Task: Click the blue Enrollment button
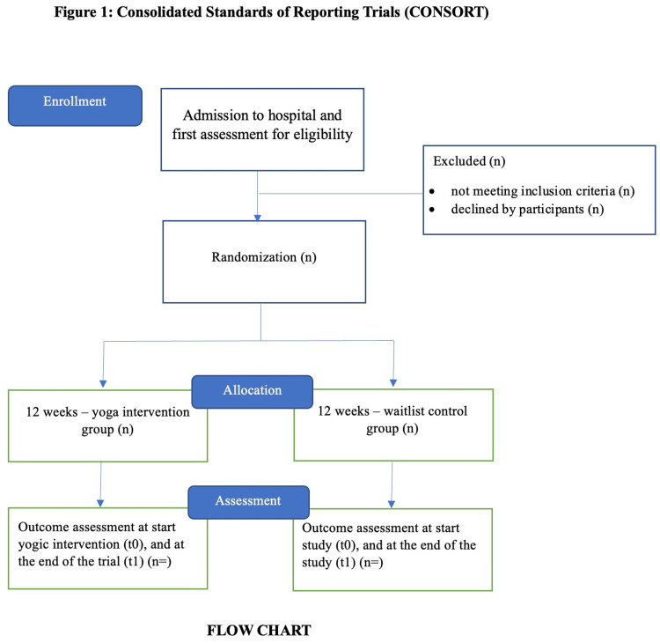pyautogui.click(x=75, y=106)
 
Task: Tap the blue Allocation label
pyautogui.click(x=253, y=392)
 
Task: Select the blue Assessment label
pyautogui.click(x=248, y=502)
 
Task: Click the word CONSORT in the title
pyautogui.click(x=446, y=11)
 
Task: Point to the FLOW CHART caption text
pyautogui.click(x=259, y=631)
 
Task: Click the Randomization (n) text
pyautogui.click(x=264, y=257)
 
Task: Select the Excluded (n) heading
pyautogui.click(x=469, y=161)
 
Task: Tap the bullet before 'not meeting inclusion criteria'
pyautogui.click(x=432, y=192)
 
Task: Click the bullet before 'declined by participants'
pyautogui.click(x=432, y=210)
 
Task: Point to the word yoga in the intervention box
pyautogui.click(x=105, y=412)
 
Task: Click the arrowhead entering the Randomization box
pyautogui.click(x=258, y=218)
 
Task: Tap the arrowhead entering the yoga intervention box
pyautogui.click(x=103, y=384)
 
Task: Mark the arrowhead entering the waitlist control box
pyautogui.click(x=393, y=383)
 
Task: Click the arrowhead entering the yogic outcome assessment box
pyautogui.click(x=100, y=503)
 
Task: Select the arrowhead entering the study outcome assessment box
pyautogui.click(x=392, y=504)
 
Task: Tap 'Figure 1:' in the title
pyautogui.click(x=84, y=11)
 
